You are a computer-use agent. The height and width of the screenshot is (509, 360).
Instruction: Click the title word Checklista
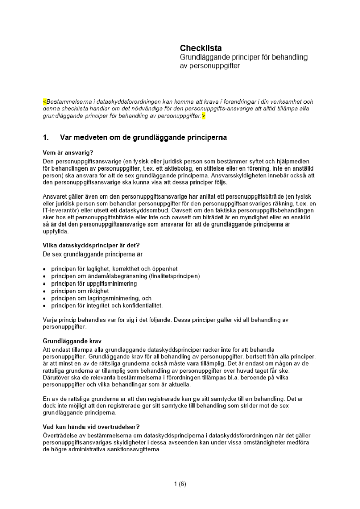click(201, 48)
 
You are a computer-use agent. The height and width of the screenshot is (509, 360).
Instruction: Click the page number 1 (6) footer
click(180, 484)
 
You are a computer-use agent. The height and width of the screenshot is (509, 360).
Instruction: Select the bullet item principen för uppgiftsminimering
click(94, 284)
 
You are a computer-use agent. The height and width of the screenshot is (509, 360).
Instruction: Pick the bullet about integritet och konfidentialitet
click(106, 306)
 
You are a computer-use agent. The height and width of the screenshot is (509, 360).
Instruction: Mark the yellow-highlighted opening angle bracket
click(44, 102)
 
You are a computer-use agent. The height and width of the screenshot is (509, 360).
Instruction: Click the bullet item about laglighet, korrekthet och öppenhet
click(114, 269)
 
